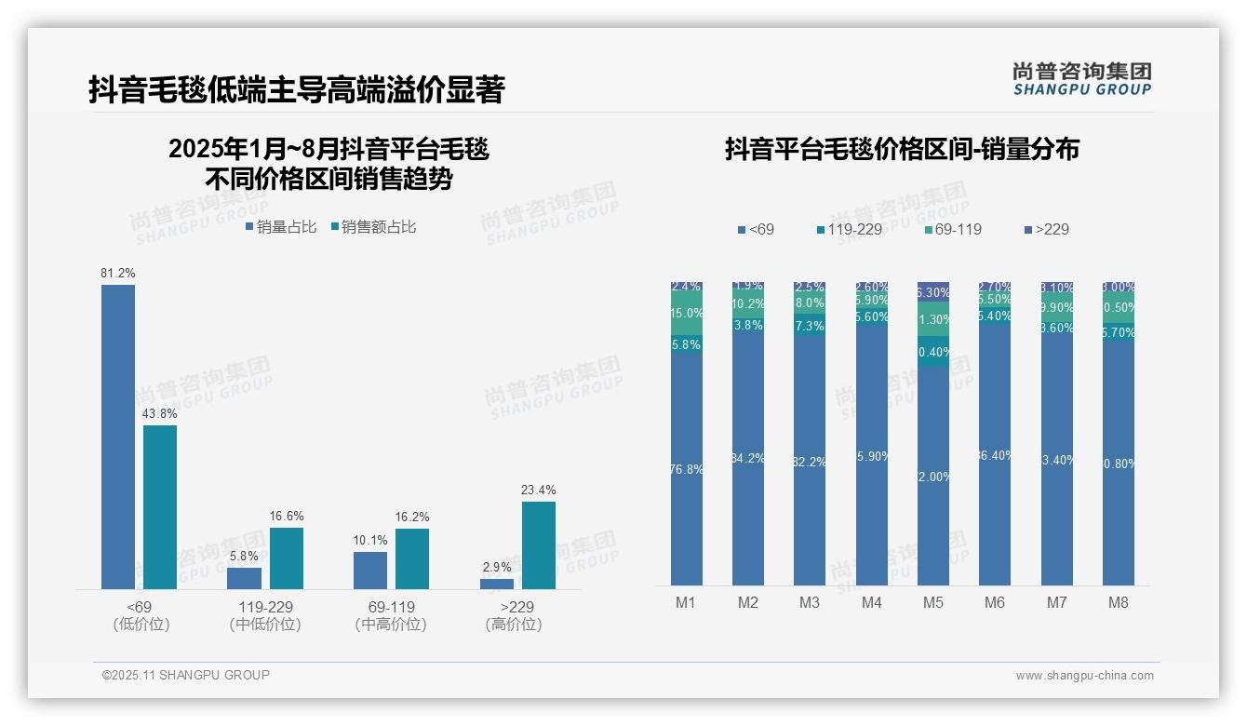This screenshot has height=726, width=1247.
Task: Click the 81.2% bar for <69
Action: tap(118, 437)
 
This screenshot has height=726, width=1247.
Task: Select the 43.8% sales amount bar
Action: tap(160, 507)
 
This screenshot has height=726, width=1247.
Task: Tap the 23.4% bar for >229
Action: tap(539, 545)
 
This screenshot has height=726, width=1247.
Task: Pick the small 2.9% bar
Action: tap(497, 584)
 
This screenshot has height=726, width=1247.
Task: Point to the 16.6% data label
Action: tap(287, 517)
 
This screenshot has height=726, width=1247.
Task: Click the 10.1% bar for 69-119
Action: tap(370, 571)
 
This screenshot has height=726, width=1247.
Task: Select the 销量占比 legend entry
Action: tap(281, 227)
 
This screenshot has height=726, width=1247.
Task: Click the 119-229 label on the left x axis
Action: tap(264, 607)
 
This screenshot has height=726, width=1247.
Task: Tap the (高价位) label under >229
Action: tap(514, 625)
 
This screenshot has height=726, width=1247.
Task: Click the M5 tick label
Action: tap(933, 603)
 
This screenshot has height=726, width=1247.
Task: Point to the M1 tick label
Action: tap(686, 603)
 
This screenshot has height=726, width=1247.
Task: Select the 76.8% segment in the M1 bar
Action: tap(686, 469)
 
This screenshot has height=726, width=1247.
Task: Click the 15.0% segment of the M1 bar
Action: tap(686, 315)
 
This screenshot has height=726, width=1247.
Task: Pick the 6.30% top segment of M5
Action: tap(933, 291)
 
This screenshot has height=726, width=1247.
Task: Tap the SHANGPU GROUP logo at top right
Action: tap(1081, 79)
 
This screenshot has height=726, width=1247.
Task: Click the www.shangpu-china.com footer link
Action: tap(1084, 676)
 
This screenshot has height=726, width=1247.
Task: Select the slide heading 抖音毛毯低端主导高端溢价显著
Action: tap(297, 90)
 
